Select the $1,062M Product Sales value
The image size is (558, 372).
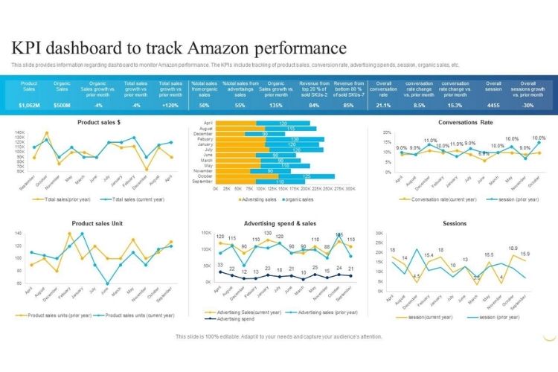pos(30,105)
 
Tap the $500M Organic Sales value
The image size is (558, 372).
pos(62,105)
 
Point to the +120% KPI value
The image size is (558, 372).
pos(170,105)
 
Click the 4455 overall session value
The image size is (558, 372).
pos(493,105)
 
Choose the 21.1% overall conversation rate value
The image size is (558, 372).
pos(383,105)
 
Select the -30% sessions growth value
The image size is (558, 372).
pos(527,105)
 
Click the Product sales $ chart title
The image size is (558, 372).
pos(98,121)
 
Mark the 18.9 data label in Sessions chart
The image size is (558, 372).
pos(513,248)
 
